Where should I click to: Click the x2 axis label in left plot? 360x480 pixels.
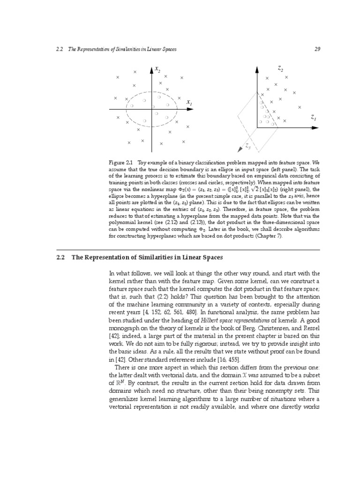click(x=157, y=70)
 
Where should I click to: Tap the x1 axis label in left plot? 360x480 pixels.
click(x=189, y=102)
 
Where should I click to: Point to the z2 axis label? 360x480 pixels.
click(x=280, y=69)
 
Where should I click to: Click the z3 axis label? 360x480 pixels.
click(x=248, y=146)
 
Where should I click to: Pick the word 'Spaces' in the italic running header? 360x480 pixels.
click(x=167, y=49)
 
